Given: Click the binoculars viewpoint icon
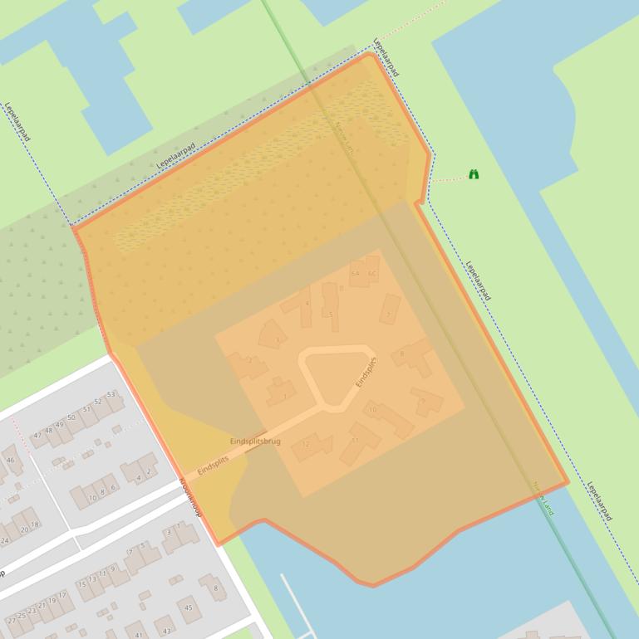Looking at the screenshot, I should click(474, 174).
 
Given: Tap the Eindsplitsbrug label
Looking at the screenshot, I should click(255, 441).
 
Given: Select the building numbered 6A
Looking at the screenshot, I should click(356, 273).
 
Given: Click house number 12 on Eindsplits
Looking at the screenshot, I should click(308, 446).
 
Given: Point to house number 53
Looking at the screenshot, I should click(111, 395).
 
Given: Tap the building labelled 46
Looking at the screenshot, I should click(10, 460).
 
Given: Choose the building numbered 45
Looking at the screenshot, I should click(189, 607).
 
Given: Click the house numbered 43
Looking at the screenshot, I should click(166, 630).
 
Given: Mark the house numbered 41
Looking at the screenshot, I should click(138, 633).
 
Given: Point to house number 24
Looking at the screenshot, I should click(5, 541).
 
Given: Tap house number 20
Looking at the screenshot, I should click(25, 529).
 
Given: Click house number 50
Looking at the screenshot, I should click(71, 417).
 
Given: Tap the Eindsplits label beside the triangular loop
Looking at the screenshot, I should click(366, 372).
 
